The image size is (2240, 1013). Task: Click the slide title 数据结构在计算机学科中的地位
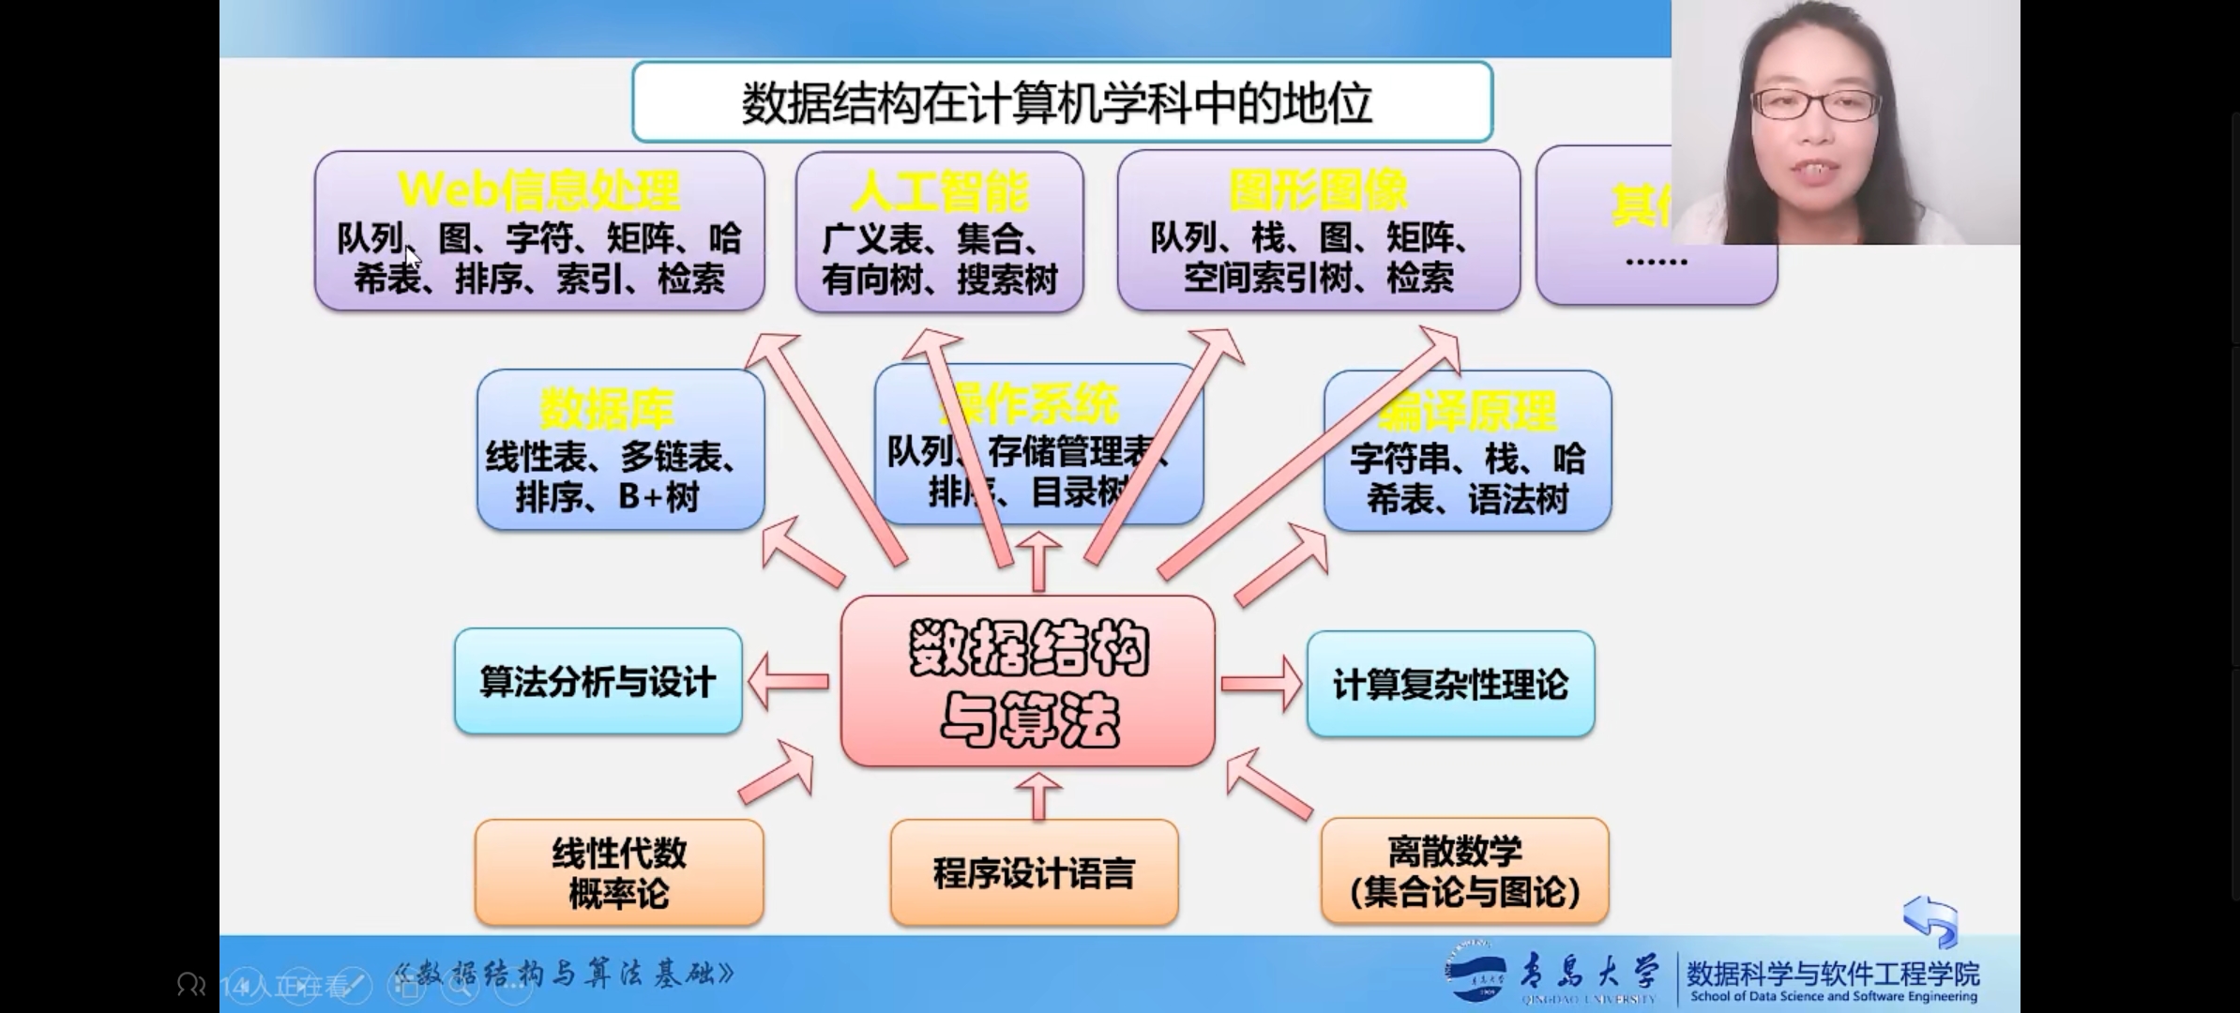[x=1057, y=103]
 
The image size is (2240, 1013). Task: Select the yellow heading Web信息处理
[x=538, y=190]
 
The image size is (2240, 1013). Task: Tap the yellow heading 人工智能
[x=939, y=192]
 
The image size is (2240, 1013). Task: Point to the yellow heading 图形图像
[x=1318, y=190]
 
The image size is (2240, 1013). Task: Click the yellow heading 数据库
[x=607, y=410]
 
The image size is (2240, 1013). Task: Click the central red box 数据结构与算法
[x=1028, y=682]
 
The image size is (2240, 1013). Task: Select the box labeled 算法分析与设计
[x=598, y=682]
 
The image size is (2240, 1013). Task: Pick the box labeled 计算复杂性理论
[x=1450, y=685]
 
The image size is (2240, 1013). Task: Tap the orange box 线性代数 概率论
[x=618, y=873]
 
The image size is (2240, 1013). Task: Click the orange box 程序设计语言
[x=1034, y=873]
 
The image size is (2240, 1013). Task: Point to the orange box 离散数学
[x=1464, y=871]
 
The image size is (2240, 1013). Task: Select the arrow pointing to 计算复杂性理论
[x=1262, y=684]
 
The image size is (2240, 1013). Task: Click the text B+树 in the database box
[x=658, y=497]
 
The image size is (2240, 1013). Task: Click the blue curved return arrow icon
[x=1931, y=920]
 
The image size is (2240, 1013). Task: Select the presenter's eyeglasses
[x=1815, y=104]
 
